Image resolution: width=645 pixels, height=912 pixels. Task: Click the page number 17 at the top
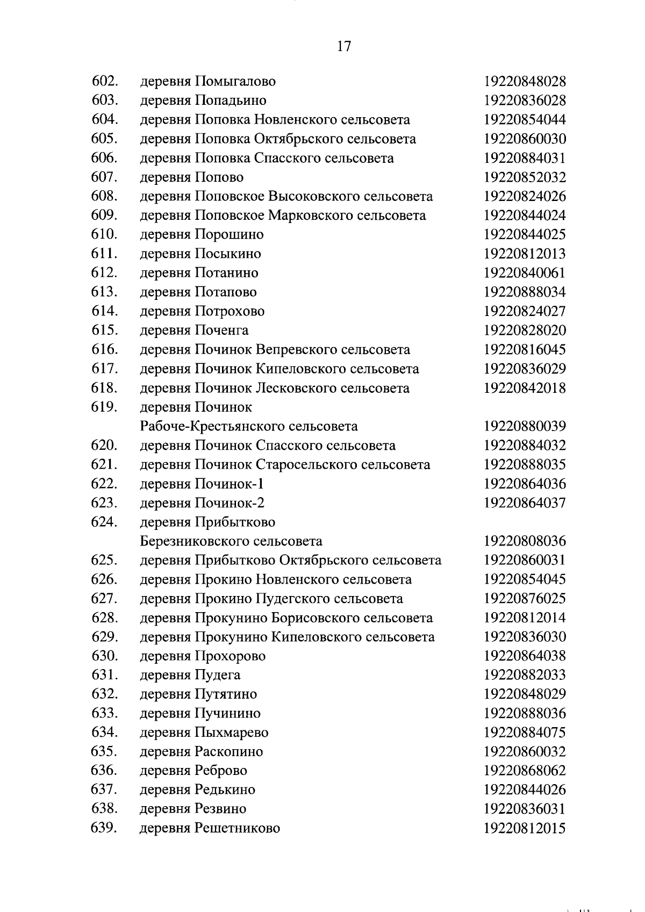(x=344, y=46)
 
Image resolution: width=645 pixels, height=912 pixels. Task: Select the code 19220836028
(x=525, y=100)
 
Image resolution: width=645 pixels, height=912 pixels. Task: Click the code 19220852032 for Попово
(x=525, y=177)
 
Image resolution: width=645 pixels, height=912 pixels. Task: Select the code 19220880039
(x=525, y=427)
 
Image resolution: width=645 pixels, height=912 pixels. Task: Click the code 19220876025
(x=525, y=599)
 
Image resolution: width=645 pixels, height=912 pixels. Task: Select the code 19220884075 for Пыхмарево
(x=525, y=733)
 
